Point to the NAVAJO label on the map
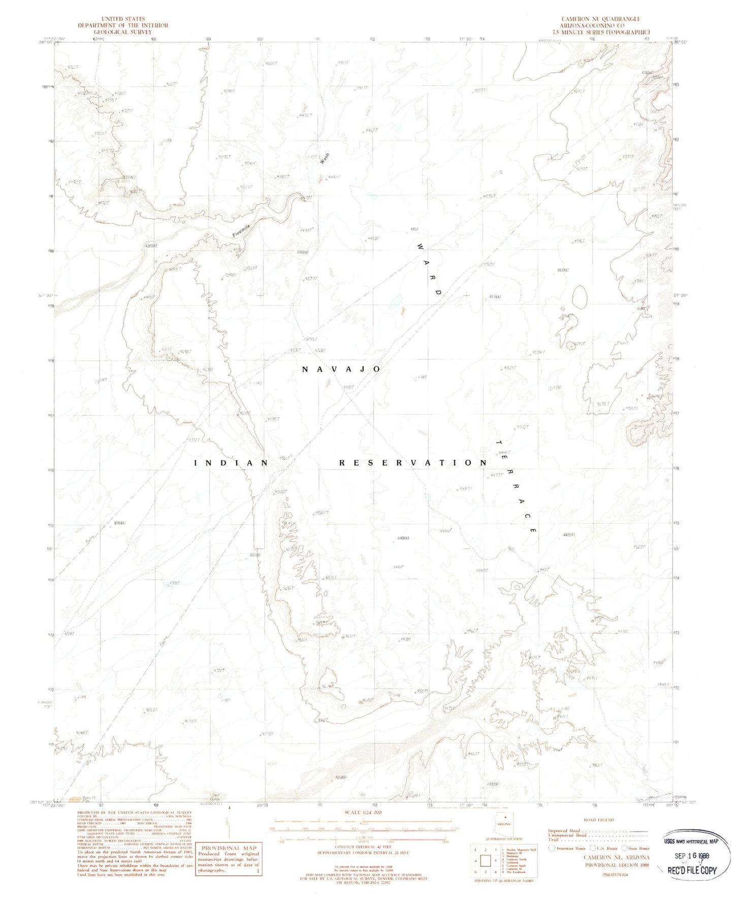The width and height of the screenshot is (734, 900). (341, 369)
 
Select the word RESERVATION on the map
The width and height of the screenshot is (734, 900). (413, 463)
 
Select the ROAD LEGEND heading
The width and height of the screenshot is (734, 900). (599, 820)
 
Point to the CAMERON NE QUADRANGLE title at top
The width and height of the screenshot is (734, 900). (600, 19)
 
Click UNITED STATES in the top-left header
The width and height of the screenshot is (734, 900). (123, 19)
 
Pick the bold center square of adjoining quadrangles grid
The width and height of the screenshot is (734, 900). (486, 861)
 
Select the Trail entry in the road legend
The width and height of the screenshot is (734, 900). (554, 840)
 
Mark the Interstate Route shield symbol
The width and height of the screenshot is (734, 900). (552, 848)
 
